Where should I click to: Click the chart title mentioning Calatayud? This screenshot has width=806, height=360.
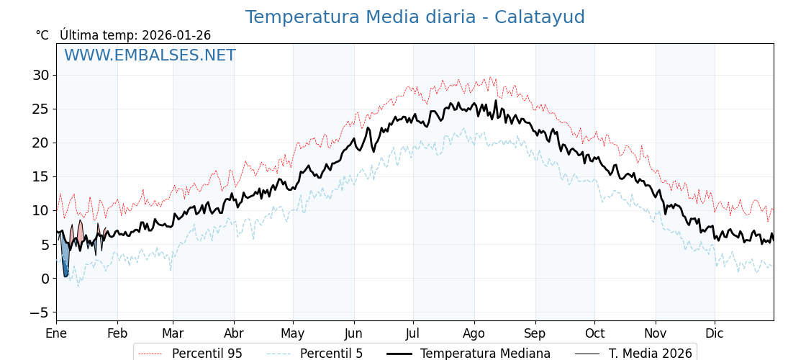click(415, 17)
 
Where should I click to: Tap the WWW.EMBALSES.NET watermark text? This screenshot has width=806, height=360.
click(150, 55)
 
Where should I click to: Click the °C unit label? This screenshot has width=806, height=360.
click(42, 35)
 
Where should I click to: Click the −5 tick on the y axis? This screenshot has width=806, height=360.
click(39, 312)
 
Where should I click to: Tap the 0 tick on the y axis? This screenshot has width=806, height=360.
click(45, 279)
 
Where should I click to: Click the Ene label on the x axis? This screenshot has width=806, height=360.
click(56, 333)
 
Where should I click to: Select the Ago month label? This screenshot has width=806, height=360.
click(474, 333)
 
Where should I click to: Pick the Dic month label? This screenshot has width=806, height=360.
click(715, 333)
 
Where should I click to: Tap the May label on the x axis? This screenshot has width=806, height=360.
click(293, 333)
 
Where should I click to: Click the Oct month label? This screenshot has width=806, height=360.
click(594, 333)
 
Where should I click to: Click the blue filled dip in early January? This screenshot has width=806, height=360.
click(65, 259)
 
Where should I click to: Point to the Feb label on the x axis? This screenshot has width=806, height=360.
click(117, 333)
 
